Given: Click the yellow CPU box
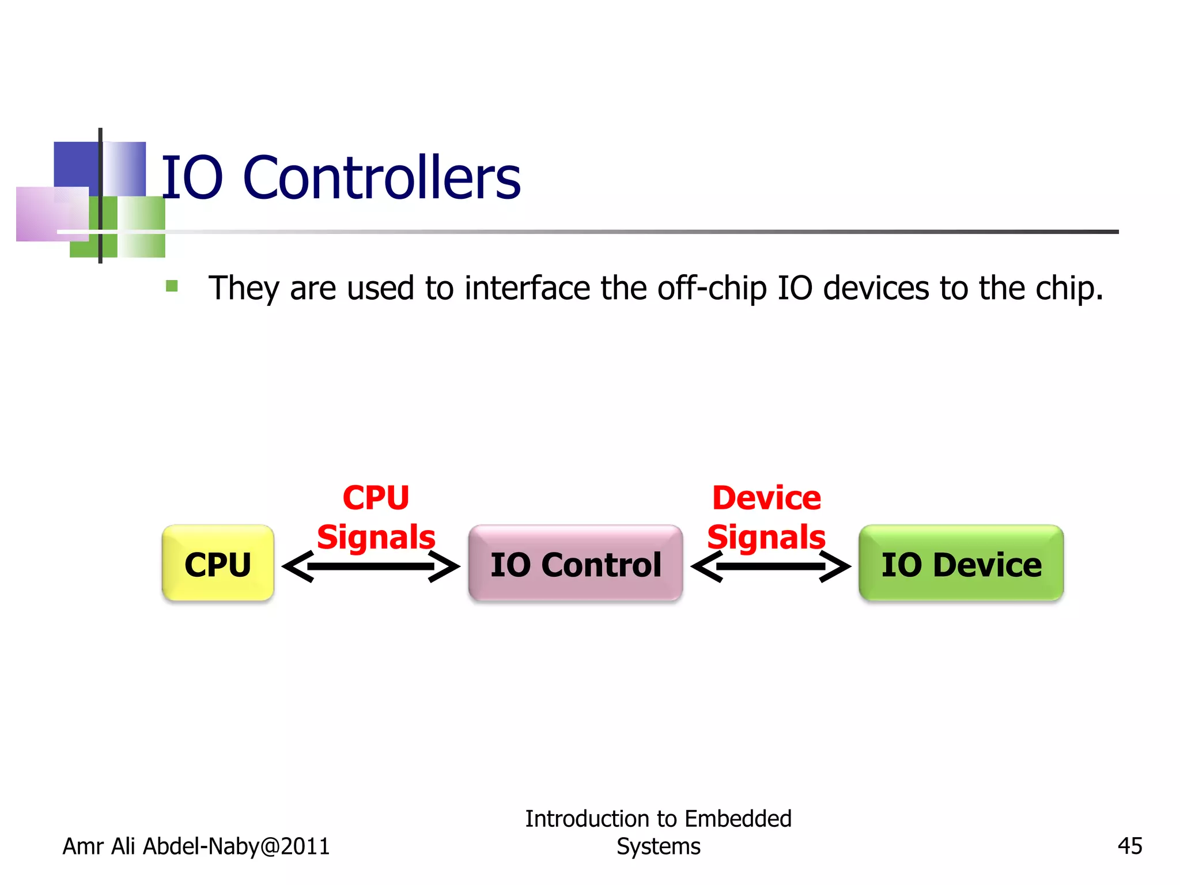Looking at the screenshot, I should [218, 563].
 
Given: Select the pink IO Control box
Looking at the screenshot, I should [575, 563].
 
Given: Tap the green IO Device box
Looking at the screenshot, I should [960, 563].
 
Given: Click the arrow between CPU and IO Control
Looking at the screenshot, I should [371, 567].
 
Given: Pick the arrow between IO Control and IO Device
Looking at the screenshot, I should [770, 567].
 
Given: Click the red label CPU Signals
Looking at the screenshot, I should [376, 517].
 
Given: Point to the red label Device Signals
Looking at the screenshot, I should [766, 517].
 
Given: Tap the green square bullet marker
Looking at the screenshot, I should [172, 286].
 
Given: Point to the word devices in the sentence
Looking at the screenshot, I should [876, 288].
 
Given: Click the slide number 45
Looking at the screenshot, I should [1129, 846].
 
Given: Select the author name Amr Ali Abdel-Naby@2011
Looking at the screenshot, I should [196, 846].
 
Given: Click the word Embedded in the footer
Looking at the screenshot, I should [737, 819].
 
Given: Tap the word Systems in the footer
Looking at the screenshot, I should [658, 846].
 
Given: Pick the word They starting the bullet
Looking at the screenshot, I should [244, 288].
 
